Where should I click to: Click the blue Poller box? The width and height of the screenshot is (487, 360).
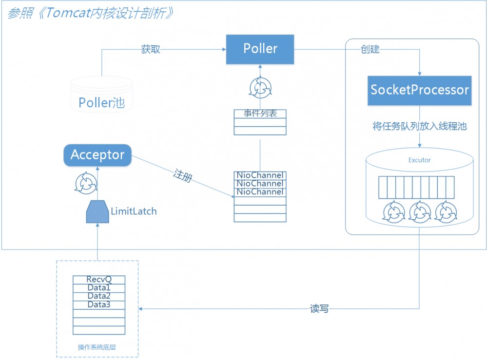[x=260, y=49]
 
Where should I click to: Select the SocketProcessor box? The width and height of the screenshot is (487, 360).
[x=420, y=91]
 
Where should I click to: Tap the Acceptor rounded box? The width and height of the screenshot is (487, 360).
[x=97, y=155]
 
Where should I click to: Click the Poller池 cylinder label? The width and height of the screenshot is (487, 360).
[x=101, y=103]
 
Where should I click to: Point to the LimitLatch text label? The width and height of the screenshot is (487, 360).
[x=134, y=211]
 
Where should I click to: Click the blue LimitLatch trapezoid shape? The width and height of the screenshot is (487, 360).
[x=97, y=211]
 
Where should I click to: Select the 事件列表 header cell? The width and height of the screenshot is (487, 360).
[x=260, y=114]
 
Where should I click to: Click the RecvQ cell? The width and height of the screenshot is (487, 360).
[x=99, y=280]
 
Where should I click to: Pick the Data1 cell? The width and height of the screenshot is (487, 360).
[x=99, y=288]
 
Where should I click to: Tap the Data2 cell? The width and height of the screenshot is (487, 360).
[x=99, y=296]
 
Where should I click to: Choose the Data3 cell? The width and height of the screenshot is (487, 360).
[x=99, y=304]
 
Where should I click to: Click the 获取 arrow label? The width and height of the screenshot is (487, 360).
[x=151, y=50]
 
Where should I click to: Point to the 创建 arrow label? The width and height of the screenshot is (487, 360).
[x=370, y=50]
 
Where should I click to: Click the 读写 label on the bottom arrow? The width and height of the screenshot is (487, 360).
[x=319, y=309]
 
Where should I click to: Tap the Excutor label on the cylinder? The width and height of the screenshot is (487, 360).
[x=419, y=160]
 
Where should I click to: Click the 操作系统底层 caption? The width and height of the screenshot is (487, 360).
[x=97, y=347]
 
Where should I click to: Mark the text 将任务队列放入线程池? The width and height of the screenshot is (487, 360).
[x=420, y=127]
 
